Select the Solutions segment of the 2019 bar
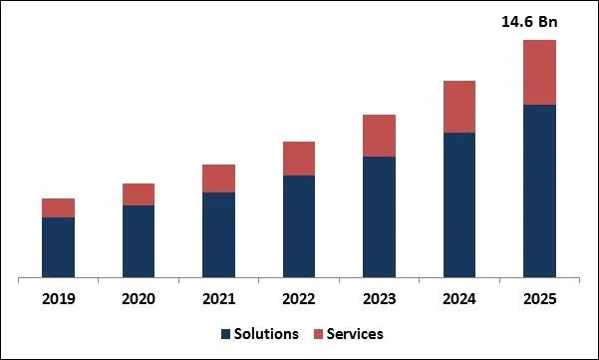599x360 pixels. [x=58, y=246]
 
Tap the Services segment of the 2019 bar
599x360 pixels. [x=58, y=207]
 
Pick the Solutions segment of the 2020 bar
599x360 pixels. [x=139, y=240]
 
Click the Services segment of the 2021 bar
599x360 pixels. [x=218, y=179]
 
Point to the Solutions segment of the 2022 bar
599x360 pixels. [x=299, y=225]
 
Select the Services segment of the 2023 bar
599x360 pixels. [x=379, y=136]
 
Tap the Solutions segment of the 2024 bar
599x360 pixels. [x=459, y=204]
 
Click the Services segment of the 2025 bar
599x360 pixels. [x=539, y=72]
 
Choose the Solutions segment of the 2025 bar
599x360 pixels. [x=539, y=189]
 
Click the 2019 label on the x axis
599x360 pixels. [x=58, y=298]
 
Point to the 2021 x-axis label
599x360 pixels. [x=218, y=298]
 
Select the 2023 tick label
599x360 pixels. [x=379, y=298]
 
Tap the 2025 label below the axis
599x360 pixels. [x=539, y=298]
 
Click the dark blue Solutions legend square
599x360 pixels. [x=225, y=334]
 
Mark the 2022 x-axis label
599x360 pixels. [x=299, y=298]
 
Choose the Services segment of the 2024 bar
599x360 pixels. [x=459, y=107]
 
